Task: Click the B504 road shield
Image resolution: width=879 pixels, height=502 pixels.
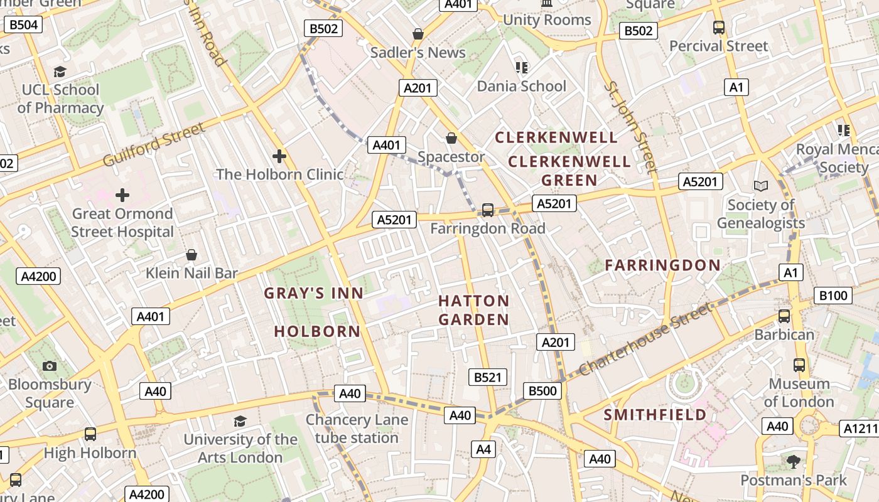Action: coord(24,25)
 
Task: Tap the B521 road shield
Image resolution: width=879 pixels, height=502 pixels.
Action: coord(488,377)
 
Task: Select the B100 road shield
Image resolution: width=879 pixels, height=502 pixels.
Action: coord(833,296)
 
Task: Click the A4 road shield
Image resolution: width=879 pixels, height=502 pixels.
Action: coord(483,449)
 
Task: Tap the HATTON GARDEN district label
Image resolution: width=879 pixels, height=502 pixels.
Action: coord(473,310)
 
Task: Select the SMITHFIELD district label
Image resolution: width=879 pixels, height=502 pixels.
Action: coord(655,415)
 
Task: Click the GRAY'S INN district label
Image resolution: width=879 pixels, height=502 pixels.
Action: coord(314,293)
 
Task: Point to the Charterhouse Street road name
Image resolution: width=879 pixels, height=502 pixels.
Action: coord(646,339)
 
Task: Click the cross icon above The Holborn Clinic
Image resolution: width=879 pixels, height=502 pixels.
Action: coord(279,156)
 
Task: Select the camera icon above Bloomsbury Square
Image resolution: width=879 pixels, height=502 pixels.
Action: coord(50,366)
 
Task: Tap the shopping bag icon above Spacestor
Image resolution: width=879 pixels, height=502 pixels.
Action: coord(451,138)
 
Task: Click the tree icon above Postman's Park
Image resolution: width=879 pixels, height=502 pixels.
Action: coord(794,462)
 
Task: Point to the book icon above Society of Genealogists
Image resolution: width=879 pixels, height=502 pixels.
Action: coord(760,186)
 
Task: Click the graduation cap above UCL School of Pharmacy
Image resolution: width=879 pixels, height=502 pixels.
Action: coord(60,72)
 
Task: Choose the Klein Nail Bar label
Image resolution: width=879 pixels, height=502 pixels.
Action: coord(191,273)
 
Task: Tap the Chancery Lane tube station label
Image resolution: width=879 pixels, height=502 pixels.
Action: coord(357,429)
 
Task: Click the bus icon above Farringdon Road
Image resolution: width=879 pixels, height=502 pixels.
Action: coord(487,210)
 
